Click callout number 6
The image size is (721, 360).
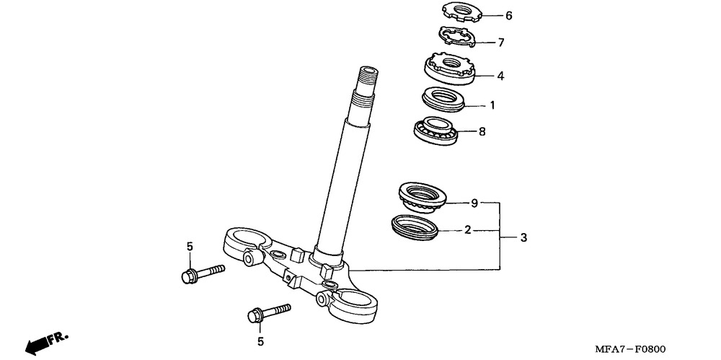click(x=508, y=15)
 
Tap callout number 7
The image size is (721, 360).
click(x=500, y=43)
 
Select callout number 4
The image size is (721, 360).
click(x=500, y=75)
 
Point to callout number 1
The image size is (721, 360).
click(x=492, y=105)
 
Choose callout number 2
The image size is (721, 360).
click(x=467, y=230)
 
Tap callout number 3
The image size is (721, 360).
click(x=524, y=237)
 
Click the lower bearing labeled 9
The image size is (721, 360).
click(x=422, y=197)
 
